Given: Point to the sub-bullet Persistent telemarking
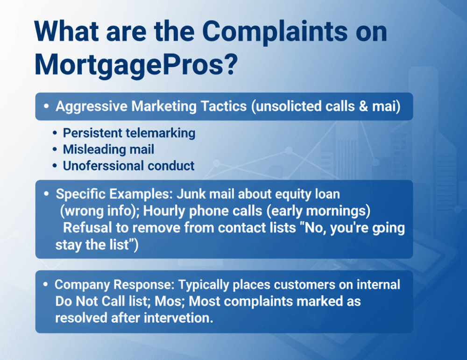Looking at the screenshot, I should (129, 133).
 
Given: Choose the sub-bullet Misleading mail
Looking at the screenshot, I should (109, 149).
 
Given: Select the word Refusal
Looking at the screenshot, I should (86, 228).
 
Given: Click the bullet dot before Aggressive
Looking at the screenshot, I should (46, 106).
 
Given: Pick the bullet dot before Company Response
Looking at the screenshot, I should (46, 284).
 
